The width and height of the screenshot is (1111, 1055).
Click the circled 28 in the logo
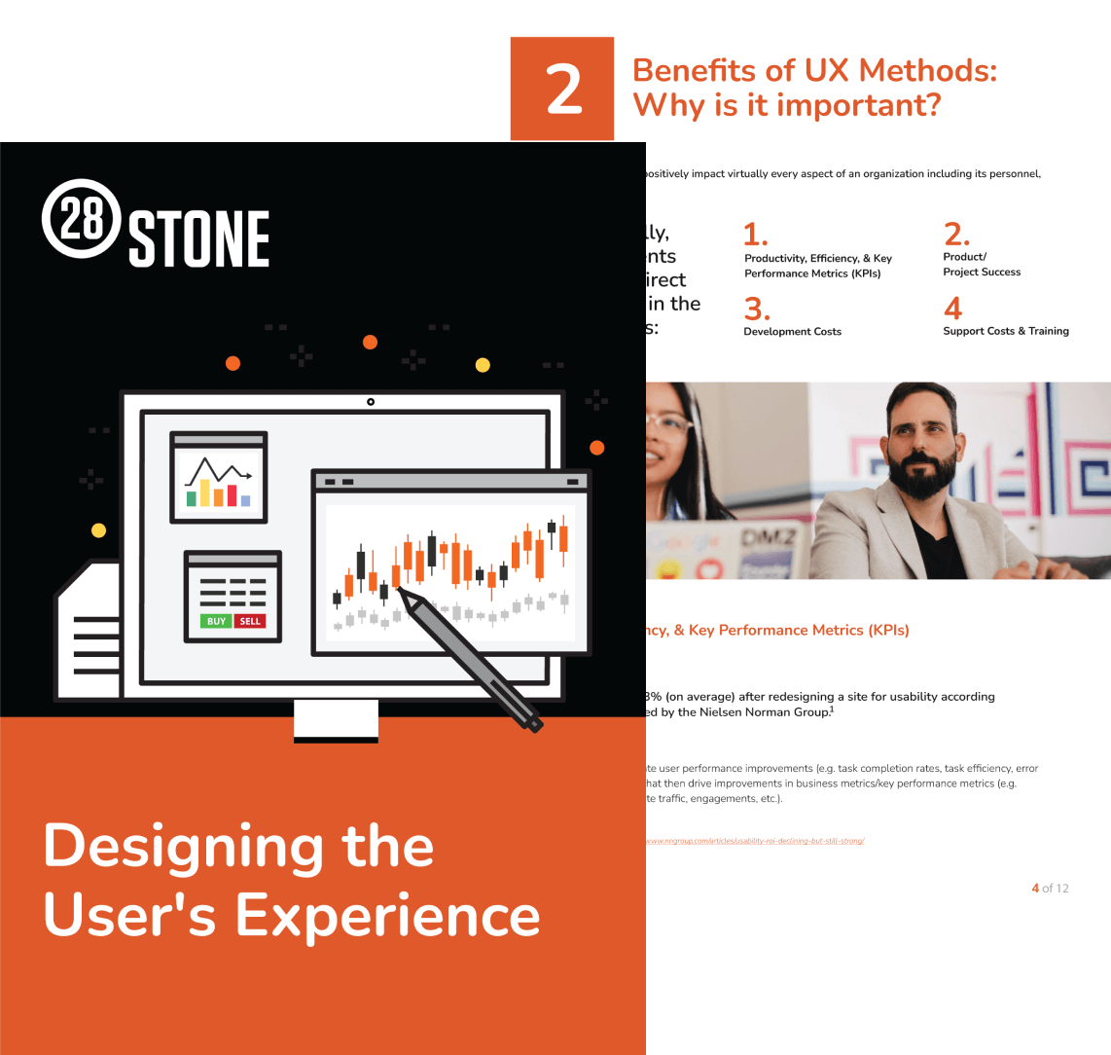[x=82, y=218]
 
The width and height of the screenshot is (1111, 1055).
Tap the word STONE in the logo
[x=199, y=239]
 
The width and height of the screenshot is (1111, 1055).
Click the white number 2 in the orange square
[x=563, y=90]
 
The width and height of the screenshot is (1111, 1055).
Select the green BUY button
[x=216, y=621]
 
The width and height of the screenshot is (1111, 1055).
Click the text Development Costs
[x=792, y=332]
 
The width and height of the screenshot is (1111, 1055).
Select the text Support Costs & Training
[x=1005, y=331]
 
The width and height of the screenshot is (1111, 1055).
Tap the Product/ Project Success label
[x=981, y=265]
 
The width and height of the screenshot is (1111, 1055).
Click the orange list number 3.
[x=757, y=309]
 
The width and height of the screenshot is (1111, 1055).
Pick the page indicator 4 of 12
[x=1050, y=888]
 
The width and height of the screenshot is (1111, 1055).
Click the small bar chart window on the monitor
[x=219, y=477]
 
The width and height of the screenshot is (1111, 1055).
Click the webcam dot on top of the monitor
[x=371, y=401]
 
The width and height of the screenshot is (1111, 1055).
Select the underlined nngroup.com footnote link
[x=755, y=840]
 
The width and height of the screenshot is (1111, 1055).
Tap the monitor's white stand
[x=336, y=720]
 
